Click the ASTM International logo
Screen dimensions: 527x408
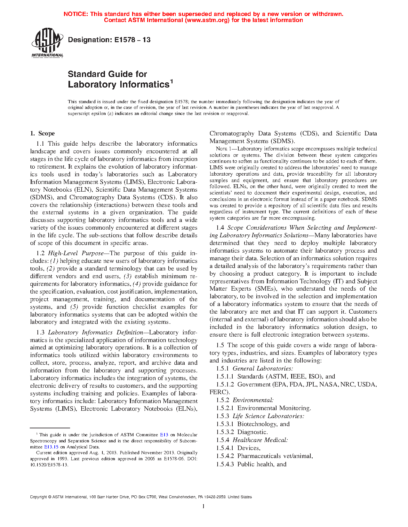click(x=47, y=42)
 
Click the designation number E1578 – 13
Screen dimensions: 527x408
click(x=109, y=40)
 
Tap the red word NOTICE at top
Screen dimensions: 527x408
click(x=75, y=14)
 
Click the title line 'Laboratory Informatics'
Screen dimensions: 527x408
click(x=118, y=85)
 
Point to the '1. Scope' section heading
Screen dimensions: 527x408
click(x=42, y=134)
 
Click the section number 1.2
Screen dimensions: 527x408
click(x=41, y=253)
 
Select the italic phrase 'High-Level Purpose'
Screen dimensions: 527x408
click(x=76, y=253)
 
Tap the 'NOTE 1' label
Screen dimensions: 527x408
click(x=221, y=149)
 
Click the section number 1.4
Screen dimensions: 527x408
click(x=220, y=228)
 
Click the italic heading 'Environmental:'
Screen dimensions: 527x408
click(x=253, y=400)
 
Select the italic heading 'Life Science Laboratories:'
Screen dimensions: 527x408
click(x=268, y=416)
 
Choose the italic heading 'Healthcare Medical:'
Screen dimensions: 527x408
click(x=260, y=440)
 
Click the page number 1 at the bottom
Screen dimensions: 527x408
click(x=204, y=506)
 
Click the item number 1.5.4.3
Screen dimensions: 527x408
click(x=225, y=464)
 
